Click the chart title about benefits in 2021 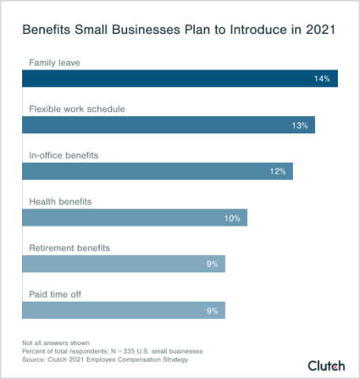pyautogui.click(x=179, y=31)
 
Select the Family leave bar pyautogui.click(x=179, y=79)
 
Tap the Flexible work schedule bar pyautogui.click(x=168, y=125)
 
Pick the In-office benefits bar pyautogui.click(x=157, y=171)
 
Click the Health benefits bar pyautogui.click(x=134, y=218)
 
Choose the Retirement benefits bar pyautogui.click(x=123, y=264)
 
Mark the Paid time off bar pyautogui.click(x=123, y=310)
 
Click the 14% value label pyautogui.click(x=321, y=79)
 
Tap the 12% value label pyautogui.click(x=276, y=171)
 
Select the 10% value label pyautogui.click(x=231, y=218)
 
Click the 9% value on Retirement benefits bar pyautogui.click(x=212, y=264)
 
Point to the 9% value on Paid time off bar pyautogui.click(x=212, y=310)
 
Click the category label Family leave pyautogui.click(x=54, y=62)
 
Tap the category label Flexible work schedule pyautogui.click(x=77, y=108)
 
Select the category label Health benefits pyautogui.click(x=60, y=201)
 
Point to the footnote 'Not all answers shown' pyautogui.click(x=55, y=343)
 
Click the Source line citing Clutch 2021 pyautogui.click(x=105, y=359)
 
